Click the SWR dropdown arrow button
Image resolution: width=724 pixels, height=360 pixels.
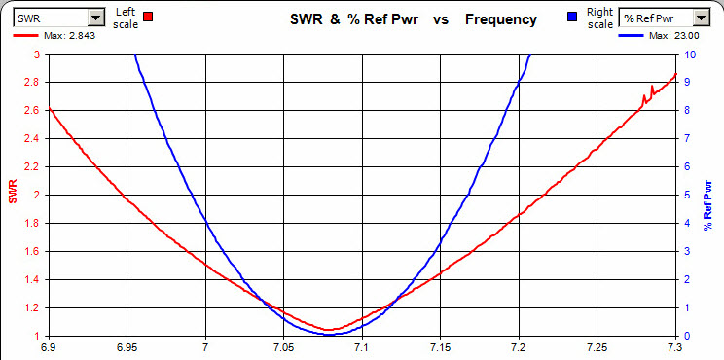tap(95, 18)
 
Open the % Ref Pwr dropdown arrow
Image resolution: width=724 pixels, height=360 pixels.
tap(700, 18)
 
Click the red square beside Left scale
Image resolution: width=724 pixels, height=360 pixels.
tap(148, 17)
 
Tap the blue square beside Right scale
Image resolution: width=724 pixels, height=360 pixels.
tap(572, 17)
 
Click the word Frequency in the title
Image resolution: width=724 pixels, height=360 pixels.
tap(500, 19)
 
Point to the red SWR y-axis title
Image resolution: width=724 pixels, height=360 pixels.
tap(13, 195)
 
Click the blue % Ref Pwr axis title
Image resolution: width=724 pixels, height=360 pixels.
tap(710, 195)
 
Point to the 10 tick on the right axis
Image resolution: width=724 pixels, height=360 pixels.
tap(689, 54)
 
